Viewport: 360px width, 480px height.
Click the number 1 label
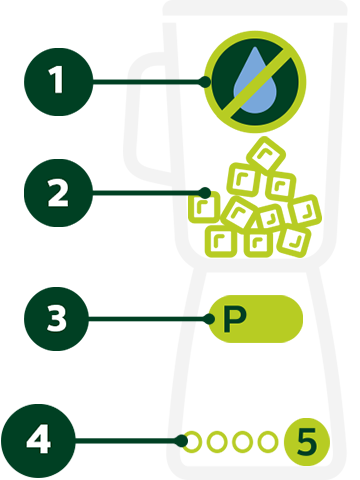(x=57, y=81)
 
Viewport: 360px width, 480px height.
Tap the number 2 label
(x=59, y=193)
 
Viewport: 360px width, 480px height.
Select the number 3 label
(x=57, y=319)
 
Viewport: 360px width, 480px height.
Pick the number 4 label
(x=38, y=439)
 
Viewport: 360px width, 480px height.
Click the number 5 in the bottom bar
(x=307, y=440)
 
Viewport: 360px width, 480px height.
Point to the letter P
(x=233, y=319)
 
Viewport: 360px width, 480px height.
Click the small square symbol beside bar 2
(x=201, y=208)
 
